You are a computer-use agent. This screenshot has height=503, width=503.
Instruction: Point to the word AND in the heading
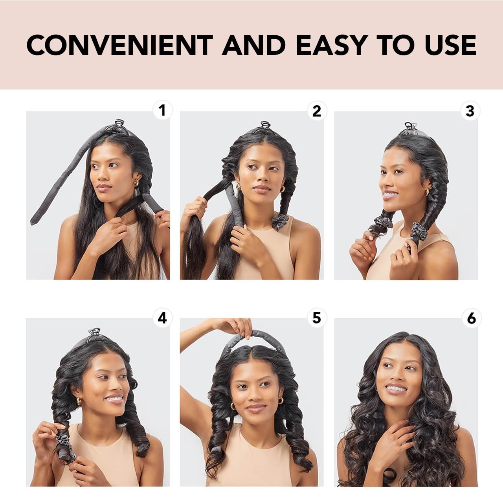click(254, 45)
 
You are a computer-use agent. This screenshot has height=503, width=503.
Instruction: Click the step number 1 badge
click(162, 111)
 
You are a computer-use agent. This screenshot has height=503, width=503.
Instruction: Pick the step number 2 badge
click(316, 111)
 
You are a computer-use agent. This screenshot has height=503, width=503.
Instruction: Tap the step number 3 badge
click(470, 111)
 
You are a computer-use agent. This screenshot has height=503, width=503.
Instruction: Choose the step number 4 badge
click(162, 318)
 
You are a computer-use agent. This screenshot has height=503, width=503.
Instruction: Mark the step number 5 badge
click(316, 318)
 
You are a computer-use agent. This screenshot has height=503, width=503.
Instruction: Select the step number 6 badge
click(471, 318)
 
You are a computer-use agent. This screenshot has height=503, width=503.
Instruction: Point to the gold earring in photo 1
click(136, 183)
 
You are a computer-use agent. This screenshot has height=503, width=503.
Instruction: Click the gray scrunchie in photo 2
click(280, 222)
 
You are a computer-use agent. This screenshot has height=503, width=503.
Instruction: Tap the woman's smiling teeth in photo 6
click(396, 388)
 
